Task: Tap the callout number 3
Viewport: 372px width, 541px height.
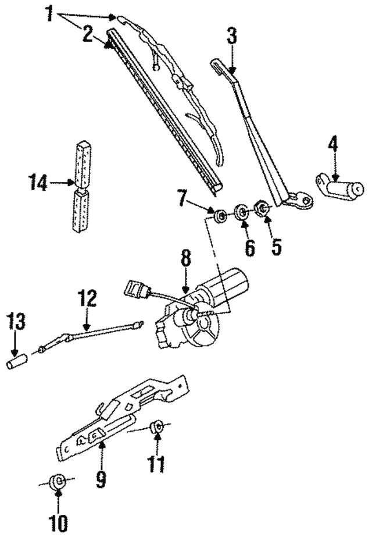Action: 231,37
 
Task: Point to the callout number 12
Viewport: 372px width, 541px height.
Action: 86,300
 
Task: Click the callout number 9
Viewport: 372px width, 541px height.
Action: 102,478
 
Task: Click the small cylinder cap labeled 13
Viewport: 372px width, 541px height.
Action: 16,365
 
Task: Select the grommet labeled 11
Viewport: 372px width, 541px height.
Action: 156,428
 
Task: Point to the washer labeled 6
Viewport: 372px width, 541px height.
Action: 241,211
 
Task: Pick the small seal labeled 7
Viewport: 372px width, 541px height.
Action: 220,218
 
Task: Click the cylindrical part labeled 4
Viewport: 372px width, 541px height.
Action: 343,188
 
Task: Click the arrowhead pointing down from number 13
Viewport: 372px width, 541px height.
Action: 16,354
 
